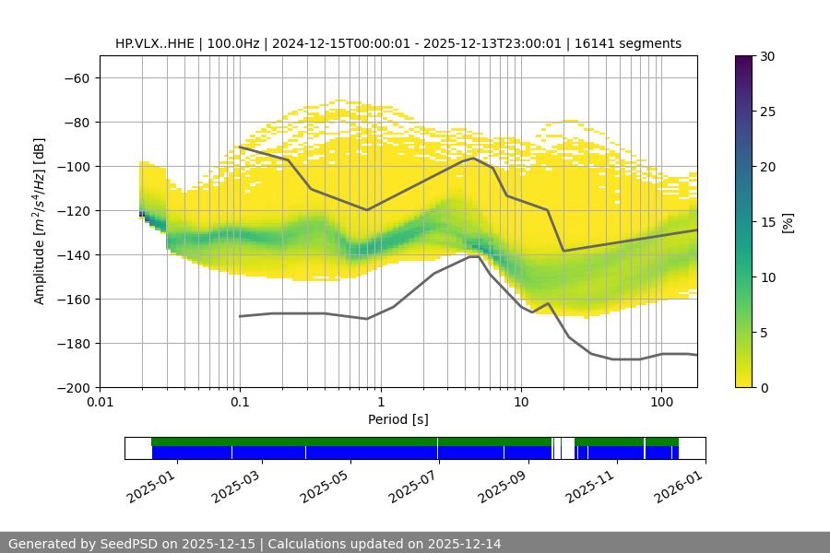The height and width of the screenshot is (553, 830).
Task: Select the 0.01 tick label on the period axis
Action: tap(100, 403)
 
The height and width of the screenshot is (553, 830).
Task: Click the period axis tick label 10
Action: tap(520, 403)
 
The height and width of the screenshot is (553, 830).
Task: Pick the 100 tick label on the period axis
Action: tap(660, 403)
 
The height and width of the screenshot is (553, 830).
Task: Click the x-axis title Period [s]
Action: tap(398, 419)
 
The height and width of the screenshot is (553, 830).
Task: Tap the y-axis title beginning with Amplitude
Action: tap(40, 221)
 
